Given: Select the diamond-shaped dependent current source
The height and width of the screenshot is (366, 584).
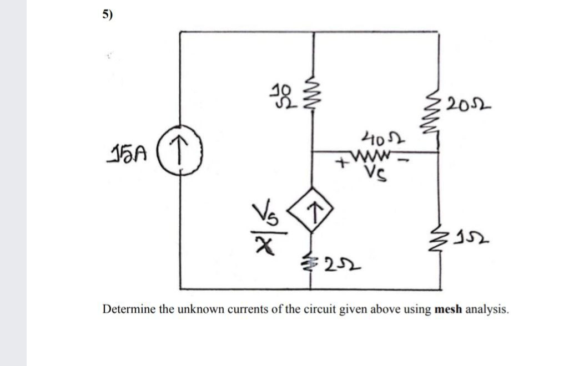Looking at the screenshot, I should pyautogui.click(x=314, y=212).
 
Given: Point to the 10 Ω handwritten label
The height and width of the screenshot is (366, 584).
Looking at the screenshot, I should pyautogui.click(x=283, y=96).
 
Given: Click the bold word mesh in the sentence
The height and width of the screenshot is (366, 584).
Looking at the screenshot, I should pyautogui.click(x=449, y=309).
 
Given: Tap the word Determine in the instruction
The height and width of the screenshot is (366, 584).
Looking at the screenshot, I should pyautogui.click(x=128, y=309).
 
